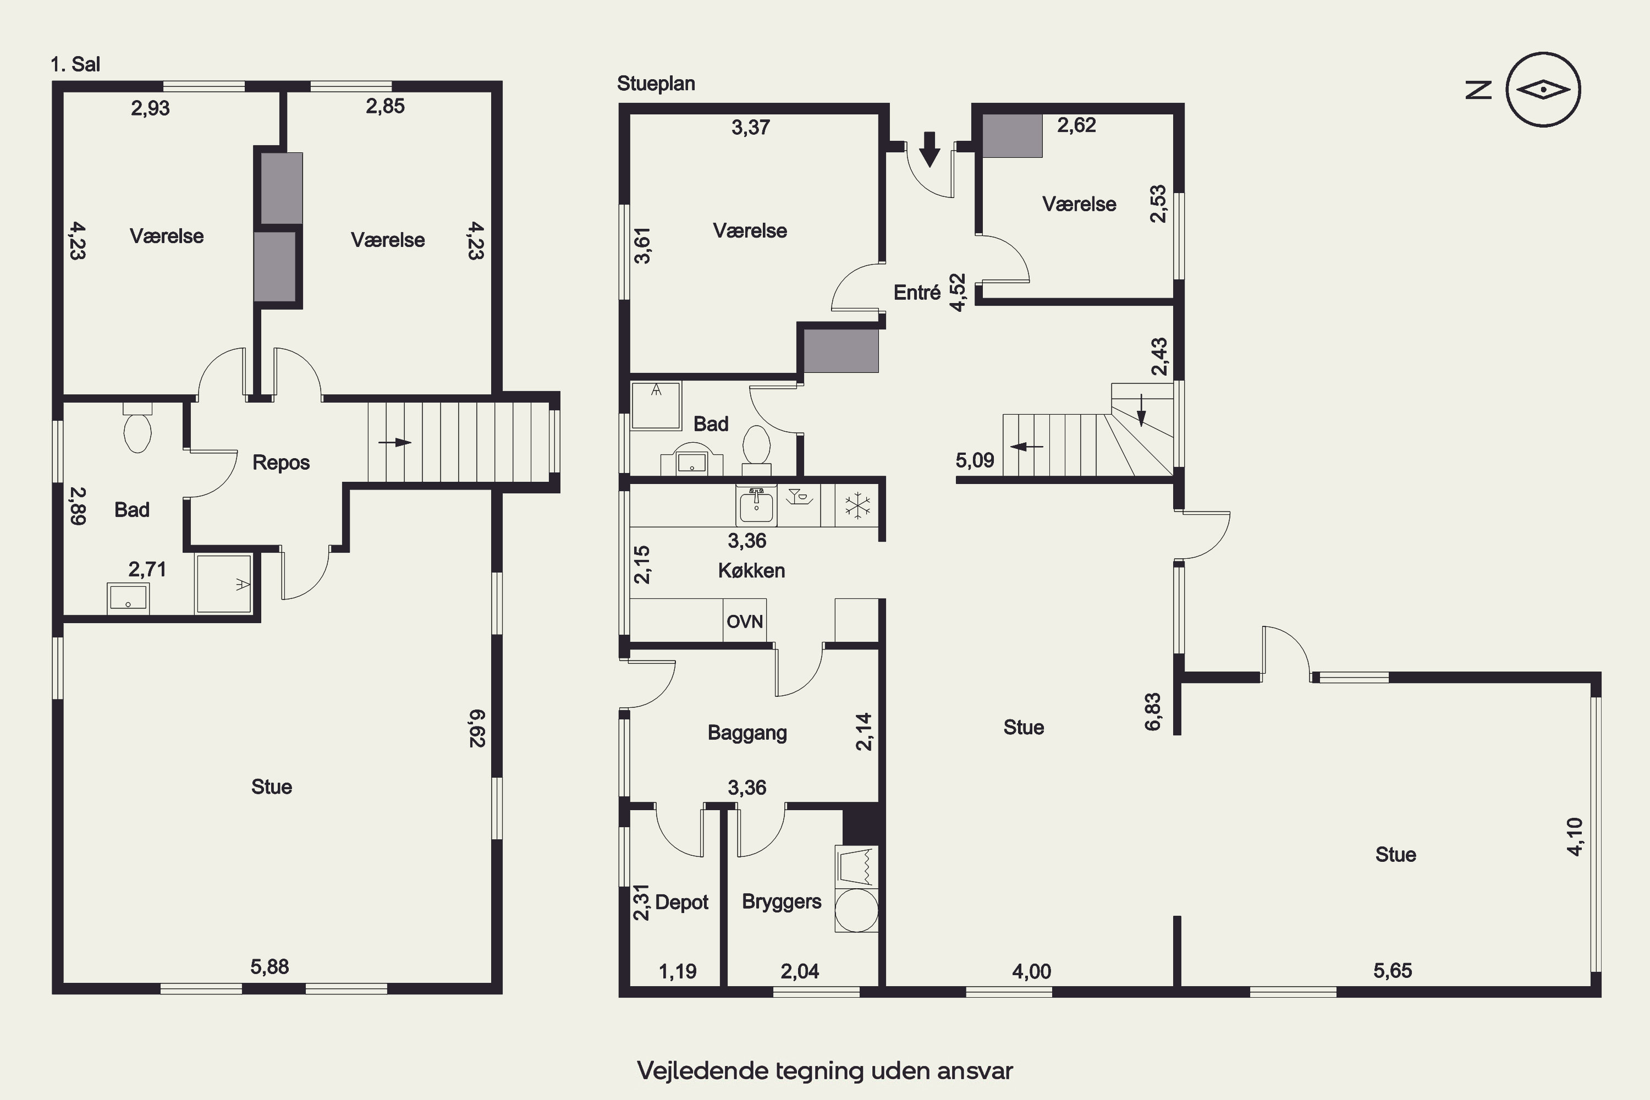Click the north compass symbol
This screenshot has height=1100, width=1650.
click(1543, 90)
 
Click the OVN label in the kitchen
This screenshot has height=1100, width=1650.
click(744, 621)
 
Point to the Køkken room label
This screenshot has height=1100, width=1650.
click(751, 570)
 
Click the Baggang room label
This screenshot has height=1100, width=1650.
click(747, 733)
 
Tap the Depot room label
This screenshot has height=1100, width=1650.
click(681, 902)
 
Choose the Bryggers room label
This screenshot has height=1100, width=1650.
click(782, 901)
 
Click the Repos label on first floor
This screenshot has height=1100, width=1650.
click(280, 463)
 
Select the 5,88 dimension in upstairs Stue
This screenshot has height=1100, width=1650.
click(269, 967)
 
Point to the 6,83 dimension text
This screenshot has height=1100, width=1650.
click(1153, 712)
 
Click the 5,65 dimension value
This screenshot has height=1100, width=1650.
click(1393, 971)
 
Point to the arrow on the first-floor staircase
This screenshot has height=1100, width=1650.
click(394, 443)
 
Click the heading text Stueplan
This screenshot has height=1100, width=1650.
click(656, 84)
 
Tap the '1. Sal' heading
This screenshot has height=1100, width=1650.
click(75, 64)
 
